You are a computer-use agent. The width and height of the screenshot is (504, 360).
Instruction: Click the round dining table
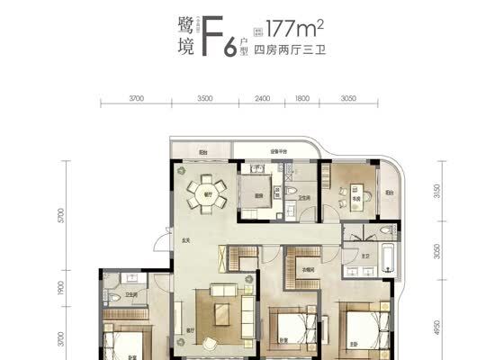[x=207, y=190]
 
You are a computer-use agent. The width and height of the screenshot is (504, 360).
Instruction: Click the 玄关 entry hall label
[x=184, y=239]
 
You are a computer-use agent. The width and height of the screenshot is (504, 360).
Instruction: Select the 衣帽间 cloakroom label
[x=308, y=269]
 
